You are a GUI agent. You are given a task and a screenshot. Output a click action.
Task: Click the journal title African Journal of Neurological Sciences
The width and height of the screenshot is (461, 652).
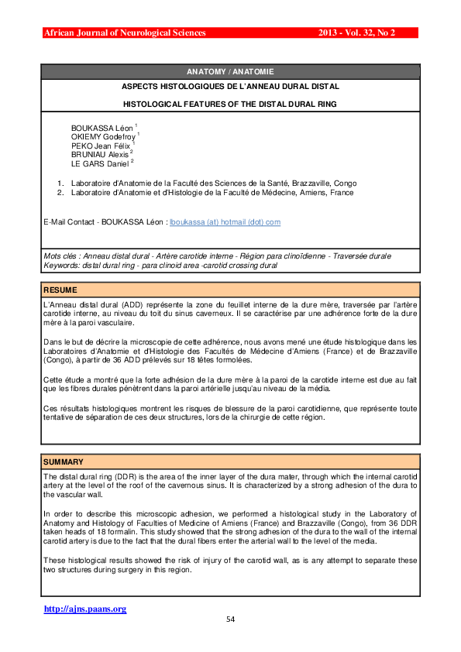tap(125, 33)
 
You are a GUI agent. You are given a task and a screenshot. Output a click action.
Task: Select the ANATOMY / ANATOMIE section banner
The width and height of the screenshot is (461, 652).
tap(230, 71)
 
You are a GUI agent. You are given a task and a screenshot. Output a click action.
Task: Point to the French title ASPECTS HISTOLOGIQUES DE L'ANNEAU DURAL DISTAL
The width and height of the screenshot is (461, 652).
tap(230, 87)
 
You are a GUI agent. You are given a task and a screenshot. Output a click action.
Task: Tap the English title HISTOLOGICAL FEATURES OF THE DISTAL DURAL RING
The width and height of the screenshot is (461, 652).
tap(230, 103)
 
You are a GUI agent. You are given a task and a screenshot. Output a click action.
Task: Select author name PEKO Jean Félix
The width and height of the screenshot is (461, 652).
tap(101, 145)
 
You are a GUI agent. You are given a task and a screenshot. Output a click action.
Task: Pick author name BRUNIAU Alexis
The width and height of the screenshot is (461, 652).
tap(99, 154)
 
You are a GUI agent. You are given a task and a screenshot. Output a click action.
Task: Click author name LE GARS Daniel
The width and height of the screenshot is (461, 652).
tap(99, 163)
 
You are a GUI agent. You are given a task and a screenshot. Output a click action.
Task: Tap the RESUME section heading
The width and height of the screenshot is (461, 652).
tap(60, 290)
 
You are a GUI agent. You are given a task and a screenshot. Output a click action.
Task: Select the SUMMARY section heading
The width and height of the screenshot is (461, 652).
tap(64, 462)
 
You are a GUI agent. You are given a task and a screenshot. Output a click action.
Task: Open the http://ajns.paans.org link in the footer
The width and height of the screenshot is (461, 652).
tap(85, 609)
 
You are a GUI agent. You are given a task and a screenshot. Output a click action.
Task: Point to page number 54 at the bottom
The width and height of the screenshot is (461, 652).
tap(230, 619)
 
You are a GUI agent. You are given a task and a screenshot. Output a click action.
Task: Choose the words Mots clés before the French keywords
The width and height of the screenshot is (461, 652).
tap(60, 256)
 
